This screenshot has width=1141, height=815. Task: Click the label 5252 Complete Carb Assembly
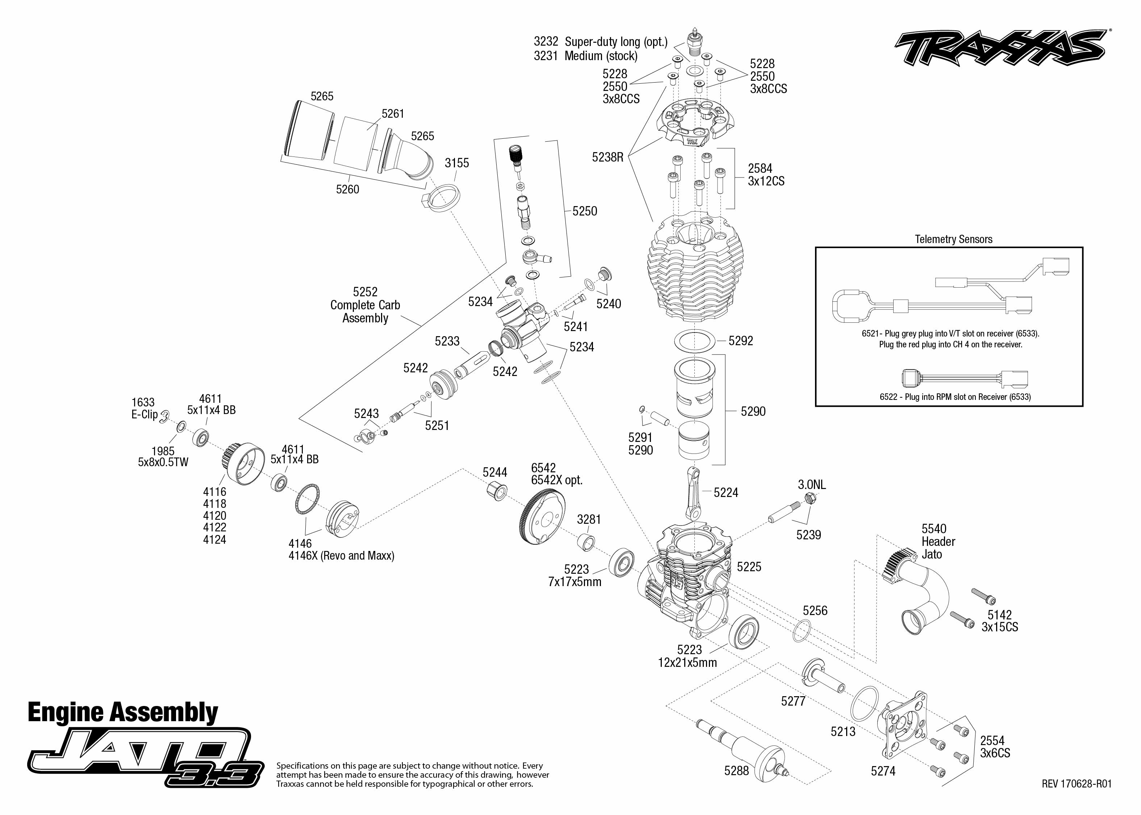point(365,305)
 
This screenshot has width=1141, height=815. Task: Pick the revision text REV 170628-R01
point(1076,784)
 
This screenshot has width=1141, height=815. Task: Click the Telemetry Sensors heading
point(953,239)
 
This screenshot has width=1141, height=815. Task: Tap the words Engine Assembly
point(123,712)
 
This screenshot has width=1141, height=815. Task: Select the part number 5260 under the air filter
point(347,189)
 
